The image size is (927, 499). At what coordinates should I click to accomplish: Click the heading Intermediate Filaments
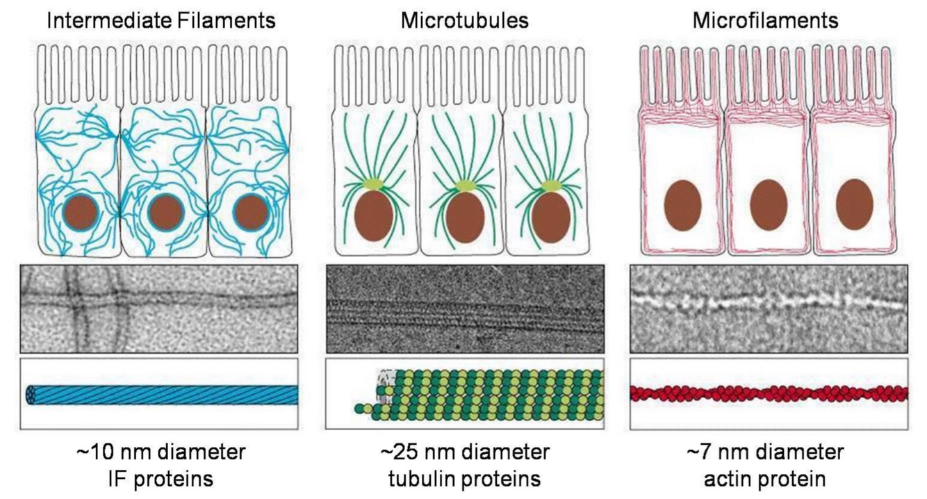(161, 21)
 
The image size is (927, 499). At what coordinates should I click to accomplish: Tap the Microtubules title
(464, 21)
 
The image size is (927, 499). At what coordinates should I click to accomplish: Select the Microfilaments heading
(766, 21)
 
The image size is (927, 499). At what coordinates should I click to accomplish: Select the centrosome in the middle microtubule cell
(463, 185)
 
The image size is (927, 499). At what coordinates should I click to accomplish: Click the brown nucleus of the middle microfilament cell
(769, 204)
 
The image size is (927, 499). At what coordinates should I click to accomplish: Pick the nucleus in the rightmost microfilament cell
(854, 204)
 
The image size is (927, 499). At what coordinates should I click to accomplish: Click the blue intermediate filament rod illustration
(163, 394)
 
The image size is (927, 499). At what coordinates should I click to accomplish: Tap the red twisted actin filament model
(768, 393)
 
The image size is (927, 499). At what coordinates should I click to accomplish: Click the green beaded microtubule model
(486, 395)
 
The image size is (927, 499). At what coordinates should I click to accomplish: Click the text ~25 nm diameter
(464, 452)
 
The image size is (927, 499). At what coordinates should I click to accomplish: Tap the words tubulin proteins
(464, 479)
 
